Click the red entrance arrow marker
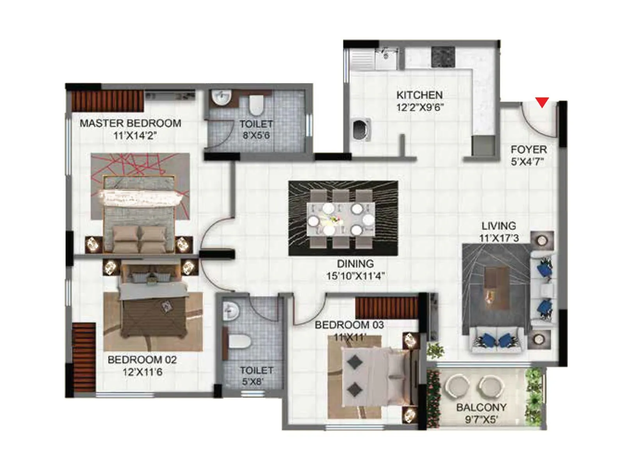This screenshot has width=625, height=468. [x=542, y=102]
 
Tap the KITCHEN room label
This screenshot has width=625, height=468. [x=419, y=95]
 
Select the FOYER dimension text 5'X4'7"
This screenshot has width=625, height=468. [x=527, y=162]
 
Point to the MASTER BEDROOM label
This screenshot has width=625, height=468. [x=130, y=123]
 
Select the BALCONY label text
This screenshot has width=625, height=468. [x=481, y=408]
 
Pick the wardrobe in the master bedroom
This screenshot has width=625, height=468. [x=107, y=101]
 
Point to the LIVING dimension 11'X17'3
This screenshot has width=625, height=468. [x=499, y=238]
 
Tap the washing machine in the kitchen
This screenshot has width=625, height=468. [x=361, y=129]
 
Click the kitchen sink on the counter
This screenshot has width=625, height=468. [x=386, y=58]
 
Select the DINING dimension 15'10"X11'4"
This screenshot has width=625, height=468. [x=355, y=276]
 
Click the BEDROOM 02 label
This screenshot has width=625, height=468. [x=142, y=360]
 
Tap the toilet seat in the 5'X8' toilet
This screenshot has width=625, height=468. [x=238, y=342]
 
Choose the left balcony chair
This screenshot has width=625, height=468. [x=457, y=386]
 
